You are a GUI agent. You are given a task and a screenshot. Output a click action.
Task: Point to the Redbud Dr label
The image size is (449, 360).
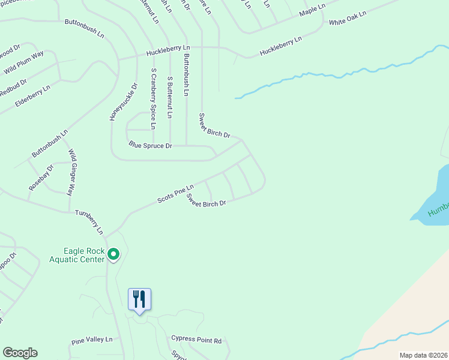point(13,88)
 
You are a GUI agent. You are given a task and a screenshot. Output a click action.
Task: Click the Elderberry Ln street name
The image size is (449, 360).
point(33,96)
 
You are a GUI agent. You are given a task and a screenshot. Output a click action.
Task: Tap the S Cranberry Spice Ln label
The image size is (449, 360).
point(154,98)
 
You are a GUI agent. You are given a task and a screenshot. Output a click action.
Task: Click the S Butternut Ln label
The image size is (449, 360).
point(170,97)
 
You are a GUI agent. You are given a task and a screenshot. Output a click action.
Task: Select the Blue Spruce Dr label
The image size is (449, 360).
point(151,145)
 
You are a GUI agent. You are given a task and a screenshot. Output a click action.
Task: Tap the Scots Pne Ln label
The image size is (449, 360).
point(175,193)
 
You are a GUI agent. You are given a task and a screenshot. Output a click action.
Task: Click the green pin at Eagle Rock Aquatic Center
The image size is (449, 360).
point(113,255)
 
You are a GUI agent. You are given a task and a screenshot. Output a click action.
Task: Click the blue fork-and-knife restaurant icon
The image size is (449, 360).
point(139,299)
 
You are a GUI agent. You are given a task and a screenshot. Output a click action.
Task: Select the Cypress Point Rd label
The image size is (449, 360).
point(196,340)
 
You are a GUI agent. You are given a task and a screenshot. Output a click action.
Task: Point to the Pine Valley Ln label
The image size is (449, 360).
point(92,340)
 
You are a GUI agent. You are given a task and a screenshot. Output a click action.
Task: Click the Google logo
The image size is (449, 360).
point(20,353)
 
